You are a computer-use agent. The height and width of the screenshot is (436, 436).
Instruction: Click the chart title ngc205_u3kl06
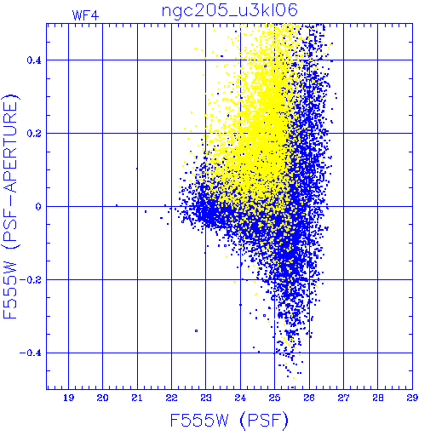[x=230, y=11]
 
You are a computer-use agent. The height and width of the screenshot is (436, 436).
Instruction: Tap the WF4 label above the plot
[x=85, y=15]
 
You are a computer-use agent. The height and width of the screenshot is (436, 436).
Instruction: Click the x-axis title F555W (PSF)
[x=229, y=420]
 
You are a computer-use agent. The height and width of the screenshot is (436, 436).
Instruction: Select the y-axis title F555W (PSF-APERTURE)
[x=10, y=206]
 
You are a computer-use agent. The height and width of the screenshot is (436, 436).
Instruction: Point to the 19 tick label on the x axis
[x=68, y=398]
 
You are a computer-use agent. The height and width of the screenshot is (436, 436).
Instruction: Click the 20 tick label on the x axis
[x=102, y=398]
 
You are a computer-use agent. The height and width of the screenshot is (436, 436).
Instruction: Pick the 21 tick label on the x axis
[x=137, y=398]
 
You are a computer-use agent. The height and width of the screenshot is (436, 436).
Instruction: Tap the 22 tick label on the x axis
[x=171, y=398]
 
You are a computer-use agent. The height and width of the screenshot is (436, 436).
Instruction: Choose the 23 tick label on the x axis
[x=206, y=398]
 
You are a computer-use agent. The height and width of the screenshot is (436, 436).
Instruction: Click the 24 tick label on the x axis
[x=240, y=398]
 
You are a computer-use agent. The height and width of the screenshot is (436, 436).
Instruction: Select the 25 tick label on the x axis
[x=274, y=398]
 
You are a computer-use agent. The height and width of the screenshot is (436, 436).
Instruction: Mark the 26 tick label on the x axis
[x=309, y=398]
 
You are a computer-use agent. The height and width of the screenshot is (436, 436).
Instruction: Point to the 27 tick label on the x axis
[x=343, y=398]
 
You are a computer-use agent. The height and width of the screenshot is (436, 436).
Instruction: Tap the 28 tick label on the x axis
[x=378, y=398]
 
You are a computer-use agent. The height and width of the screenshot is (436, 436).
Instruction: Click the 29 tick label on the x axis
[x=412, y=398]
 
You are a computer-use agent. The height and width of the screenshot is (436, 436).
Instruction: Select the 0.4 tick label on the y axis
[x=34, y=60]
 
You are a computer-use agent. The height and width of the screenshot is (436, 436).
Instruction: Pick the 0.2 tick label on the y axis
[x=34, y=134]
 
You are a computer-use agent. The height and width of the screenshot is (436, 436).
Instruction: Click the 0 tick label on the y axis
[x=38, y=207]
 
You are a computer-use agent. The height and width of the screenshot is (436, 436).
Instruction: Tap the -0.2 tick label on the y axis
[x=31, y=280]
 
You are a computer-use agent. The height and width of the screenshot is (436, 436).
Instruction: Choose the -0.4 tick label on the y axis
[x=31, y=353]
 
